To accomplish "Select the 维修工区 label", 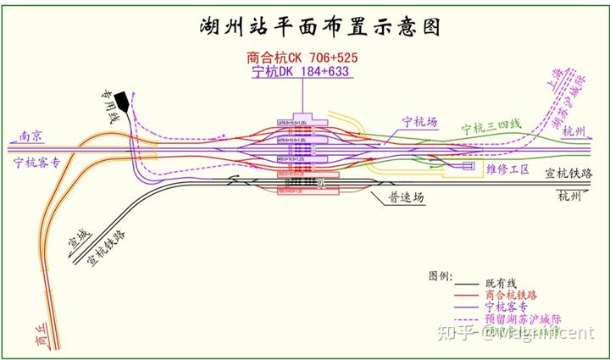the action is click(x=508, y=169).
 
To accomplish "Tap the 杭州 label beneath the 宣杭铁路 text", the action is click(x=569, y=197).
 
